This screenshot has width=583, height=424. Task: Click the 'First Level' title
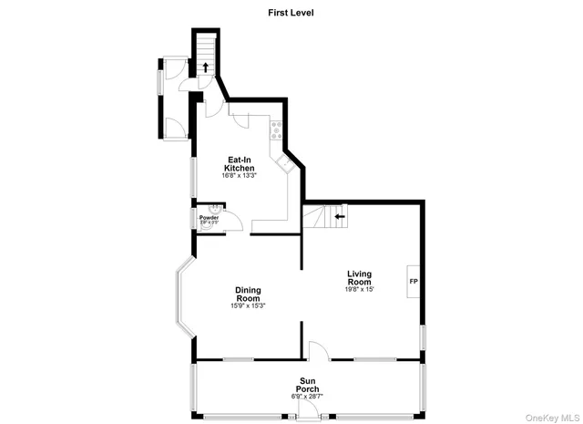tap(291, 13)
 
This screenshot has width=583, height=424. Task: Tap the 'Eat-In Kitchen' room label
tap(240, 163)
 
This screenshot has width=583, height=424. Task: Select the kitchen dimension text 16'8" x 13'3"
tap(240, 176)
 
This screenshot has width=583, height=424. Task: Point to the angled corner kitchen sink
tap(286, 165)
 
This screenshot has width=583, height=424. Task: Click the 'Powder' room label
tap(210, 218)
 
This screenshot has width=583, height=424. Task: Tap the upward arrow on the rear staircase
tap(206, 67)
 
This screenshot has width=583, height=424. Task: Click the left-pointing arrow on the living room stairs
tap(339, 216)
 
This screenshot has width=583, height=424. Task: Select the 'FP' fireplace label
tap(414, 281)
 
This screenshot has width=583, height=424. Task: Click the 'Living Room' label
tap(360, 277)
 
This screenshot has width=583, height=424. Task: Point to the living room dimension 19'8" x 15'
tap(360, 290)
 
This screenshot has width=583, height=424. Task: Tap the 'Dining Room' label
tap(248, 295)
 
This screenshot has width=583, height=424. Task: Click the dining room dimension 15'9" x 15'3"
tap(248, 306)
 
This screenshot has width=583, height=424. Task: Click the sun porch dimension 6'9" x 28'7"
tap(307, 397)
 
